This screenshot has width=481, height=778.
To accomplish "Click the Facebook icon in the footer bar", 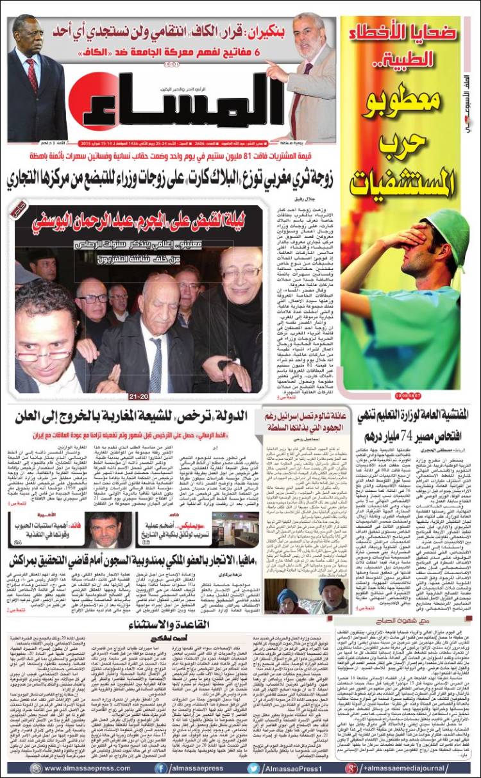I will click(160, 768).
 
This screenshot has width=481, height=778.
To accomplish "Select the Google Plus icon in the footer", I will click(351, 768).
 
